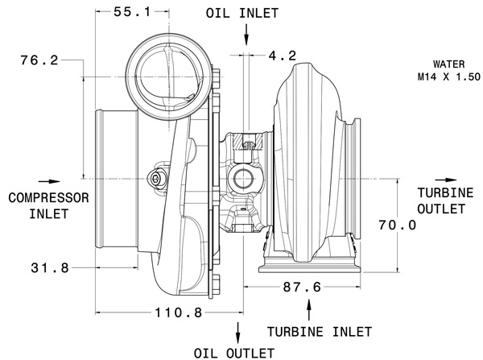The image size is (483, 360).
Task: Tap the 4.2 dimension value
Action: pos(283,56)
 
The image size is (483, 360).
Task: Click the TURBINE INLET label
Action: pos(320,331)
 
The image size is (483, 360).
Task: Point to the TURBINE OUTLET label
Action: pos(442,201)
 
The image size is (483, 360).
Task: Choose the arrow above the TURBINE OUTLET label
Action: pos(439,180)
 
